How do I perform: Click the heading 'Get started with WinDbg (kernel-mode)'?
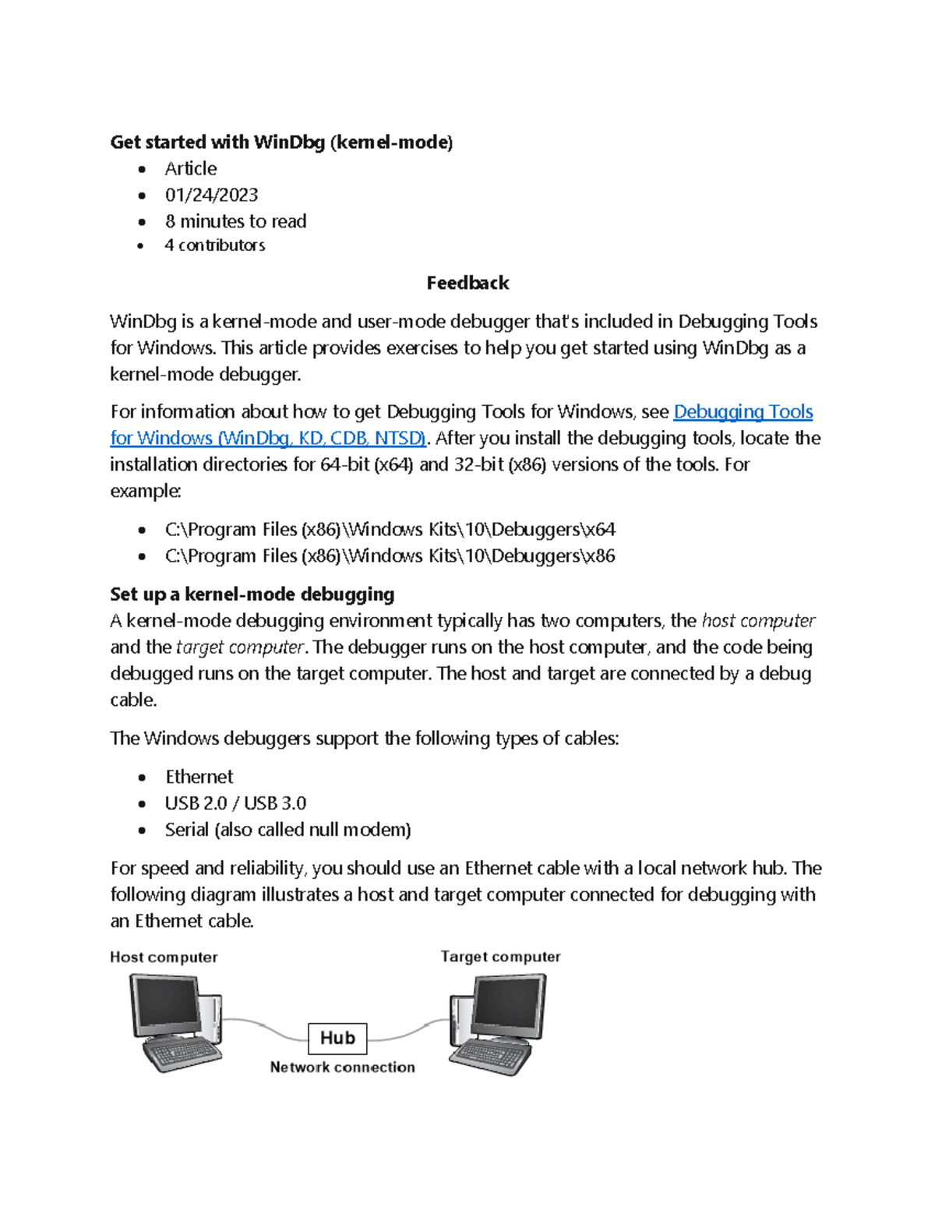[281, 142]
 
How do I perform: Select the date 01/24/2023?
[211, 195]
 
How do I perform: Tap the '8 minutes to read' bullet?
[235, 221]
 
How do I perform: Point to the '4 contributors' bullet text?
[214, 245]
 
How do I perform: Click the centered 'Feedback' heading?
[467, 283]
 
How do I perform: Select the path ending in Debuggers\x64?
[390, 530]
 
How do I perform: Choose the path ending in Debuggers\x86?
[390, 556]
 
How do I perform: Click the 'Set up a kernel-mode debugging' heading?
[252, 594]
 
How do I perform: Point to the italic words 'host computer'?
[758, 621]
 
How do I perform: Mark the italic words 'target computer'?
[240, 647]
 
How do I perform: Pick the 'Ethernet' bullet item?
[199, 777]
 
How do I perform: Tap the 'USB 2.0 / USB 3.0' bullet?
[235, 803]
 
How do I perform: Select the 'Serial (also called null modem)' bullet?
[288, 830]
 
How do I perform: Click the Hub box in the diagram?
[337, 1038]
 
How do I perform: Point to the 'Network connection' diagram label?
[342, 1067]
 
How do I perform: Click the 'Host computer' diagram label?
[164, 958]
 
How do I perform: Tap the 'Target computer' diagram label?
[500, 957]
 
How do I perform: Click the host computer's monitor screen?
[166, 1004]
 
